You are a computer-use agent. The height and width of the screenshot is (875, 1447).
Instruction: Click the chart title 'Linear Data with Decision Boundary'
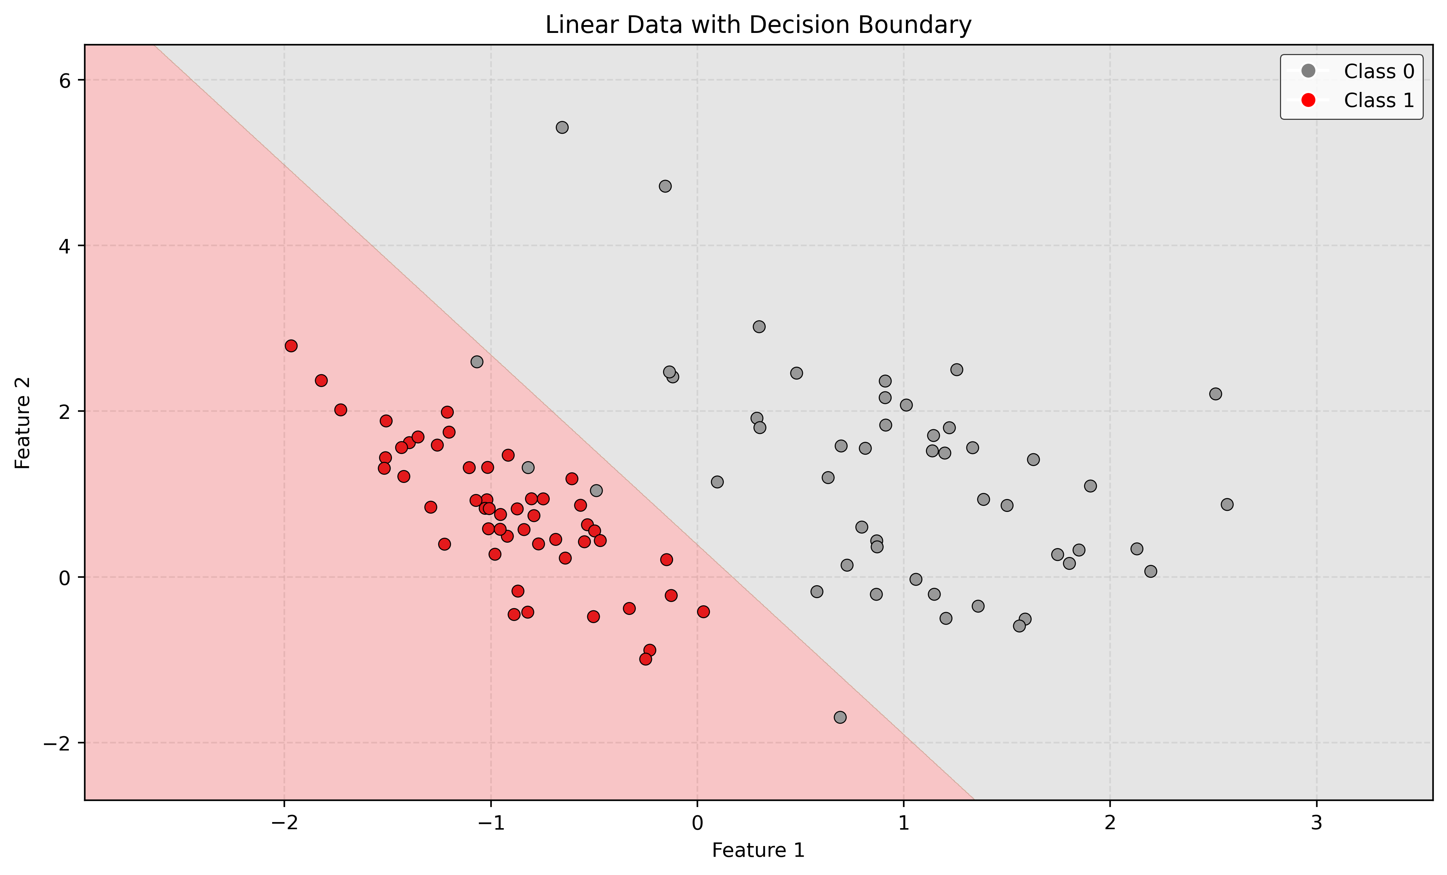tap(758, 25)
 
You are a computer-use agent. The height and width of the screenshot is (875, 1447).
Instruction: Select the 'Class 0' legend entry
tap(1378, 71)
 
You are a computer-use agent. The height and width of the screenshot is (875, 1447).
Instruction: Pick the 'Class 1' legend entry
tap(1378, 101)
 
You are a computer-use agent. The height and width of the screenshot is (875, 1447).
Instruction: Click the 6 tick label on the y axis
tap(65, 80)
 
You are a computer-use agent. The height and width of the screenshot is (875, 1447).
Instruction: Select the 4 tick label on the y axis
tap(65, 246)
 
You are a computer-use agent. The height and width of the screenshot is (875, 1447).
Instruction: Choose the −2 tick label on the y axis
tap(57, 743)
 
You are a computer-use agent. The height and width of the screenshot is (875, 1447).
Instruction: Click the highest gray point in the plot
tap(562, 127)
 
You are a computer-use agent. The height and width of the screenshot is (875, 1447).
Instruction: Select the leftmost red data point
tap(291, 346)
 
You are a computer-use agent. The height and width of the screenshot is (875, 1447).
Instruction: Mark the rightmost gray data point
tap(1227, 504)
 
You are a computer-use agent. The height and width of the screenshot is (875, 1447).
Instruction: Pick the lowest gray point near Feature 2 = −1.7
tap(840, 717)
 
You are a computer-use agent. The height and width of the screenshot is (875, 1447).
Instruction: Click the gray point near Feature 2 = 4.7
tap(665, 186)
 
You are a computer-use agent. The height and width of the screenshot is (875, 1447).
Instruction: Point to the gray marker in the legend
tap(1308, 71)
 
